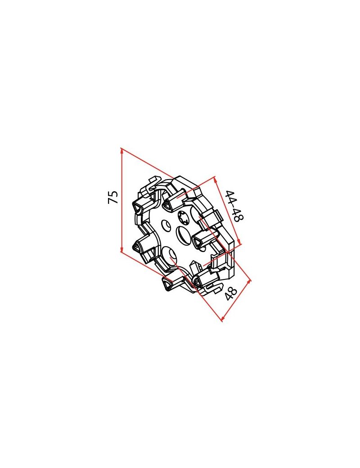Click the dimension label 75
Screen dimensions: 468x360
114,197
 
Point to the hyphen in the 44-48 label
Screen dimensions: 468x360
234,206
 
